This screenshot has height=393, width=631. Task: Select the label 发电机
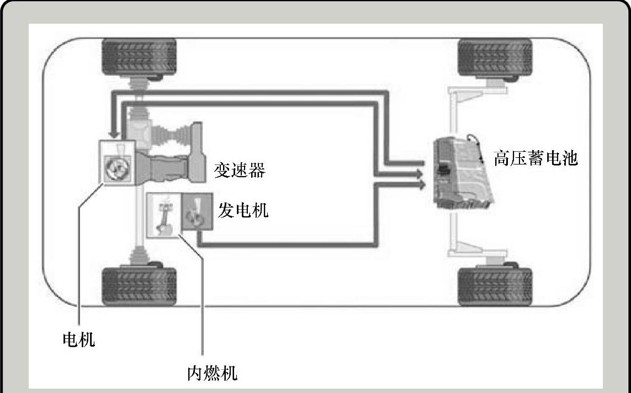click(x=243, y=210)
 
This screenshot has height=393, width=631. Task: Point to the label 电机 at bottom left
click(x=78, y=339)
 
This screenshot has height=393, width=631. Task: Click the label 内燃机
click(x=212, y=373)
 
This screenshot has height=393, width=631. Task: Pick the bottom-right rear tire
click(x=495, y=286)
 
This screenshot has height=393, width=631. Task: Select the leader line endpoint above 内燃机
click(x=180, y=237)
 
